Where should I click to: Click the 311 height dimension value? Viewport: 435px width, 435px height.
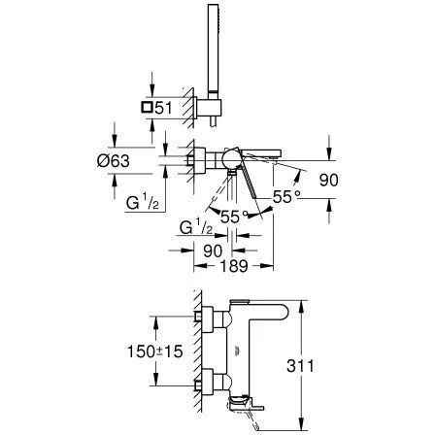[300, 366]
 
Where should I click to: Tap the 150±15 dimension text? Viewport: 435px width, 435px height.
[155, 351]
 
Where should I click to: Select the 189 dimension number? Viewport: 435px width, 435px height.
[234, 266]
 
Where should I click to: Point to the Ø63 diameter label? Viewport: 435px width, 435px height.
[114, 161]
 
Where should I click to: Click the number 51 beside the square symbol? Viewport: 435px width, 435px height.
[163, 108]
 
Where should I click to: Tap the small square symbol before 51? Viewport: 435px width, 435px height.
[147, 107]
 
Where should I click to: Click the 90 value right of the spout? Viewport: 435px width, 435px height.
[328, 180]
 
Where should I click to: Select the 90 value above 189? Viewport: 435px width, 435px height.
[213, 251]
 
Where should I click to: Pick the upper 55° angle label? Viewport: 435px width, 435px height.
[286, 197]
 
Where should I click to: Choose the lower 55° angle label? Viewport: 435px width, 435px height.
[234, 217]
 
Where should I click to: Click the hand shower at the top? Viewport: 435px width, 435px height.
[213, 49]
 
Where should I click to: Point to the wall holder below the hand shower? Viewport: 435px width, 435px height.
[209, 108]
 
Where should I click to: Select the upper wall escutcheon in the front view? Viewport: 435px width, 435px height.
[207, 319]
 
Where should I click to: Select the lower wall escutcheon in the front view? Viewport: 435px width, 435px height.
[207, 382]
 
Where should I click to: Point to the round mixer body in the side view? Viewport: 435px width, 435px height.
[230, 159]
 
